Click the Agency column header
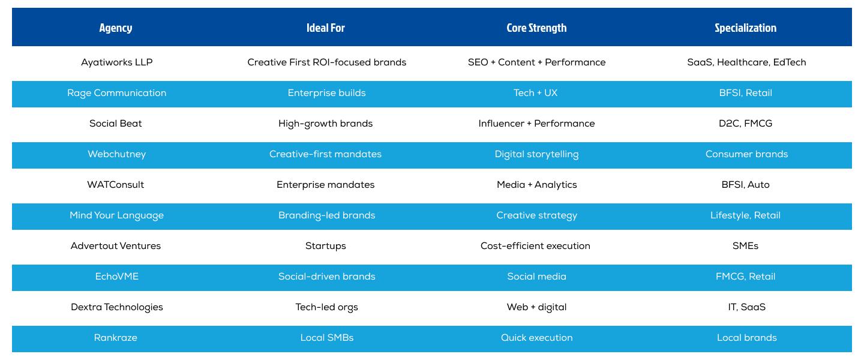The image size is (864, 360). (x=116, y=28)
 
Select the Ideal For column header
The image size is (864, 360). (x=326, y=28)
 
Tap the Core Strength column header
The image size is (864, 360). (x=536, y=28)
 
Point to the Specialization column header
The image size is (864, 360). (x=746, y=28)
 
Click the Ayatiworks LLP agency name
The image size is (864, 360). (x=117, y=62)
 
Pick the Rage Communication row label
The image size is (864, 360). (x=117, y=93)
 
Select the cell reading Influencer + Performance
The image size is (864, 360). (x=536, y=124)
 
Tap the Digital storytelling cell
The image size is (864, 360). (x=536, y=154)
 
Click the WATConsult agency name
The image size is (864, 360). (x=116, y=185)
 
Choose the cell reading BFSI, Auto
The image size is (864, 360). (x=746, y=185)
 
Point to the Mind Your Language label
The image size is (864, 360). (x=117, y=215)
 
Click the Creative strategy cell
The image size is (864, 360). (x=536, y=215)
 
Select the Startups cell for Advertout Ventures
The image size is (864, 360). (x=326, y=246)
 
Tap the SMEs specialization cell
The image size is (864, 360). (x=746, y=246)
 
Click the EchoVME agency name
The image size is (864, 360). (x=117, y=277)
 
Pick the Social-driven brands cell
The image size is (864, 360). (x=326, y=277)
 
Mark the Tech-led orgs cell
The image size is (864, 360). (x=326, y=307)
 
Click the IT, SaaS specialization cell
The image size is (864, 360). (x=746, y=307)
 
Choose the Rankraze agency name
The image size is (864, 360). (x=116, y=338)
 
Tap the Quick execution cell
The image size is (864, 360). (x=536, y=338)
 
